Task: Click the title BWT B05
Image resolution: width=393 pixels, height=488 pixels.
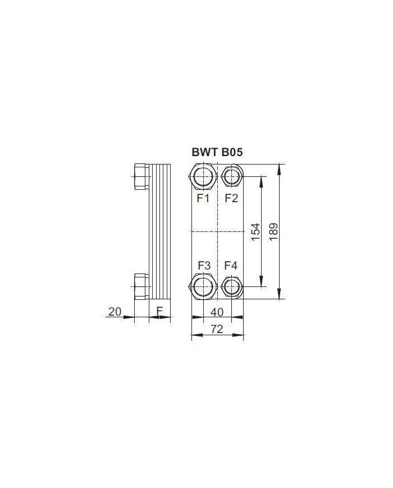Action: click(217, 152)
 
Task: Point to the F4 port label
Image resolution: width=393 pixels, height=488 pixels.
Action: click(231, 264)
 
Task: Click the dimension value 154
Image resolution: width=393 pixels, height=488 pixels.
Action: click(255, 231)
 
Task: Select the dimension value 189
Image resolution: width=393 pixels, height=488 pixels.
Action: click(274, 231)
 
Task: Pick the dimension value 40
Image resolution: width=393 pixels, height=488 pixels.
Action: click(217, 312)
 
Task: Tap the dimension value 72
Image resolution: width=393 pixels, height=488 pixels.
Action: click(217, 330)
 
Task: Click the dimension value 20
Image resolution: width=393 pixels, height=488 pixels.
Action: click(115, 312)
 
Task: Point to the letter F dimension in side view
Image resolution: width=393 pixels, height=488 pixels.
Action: click(159, 311)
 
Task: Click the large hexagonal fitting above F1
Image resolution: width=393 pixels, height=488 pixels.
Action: click(203, 176)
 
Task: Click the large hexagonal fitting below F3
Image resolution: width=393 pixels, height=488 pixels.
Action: click(203, 286)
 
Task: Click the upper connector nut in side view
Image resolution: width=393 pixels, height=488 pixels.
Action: click(140, 176)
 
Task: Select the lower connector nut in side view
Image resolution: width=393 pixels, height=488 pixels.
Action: click(140, 286)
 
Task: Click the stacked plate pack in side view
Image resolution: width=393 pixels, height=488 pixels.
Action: click(159, 231)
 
